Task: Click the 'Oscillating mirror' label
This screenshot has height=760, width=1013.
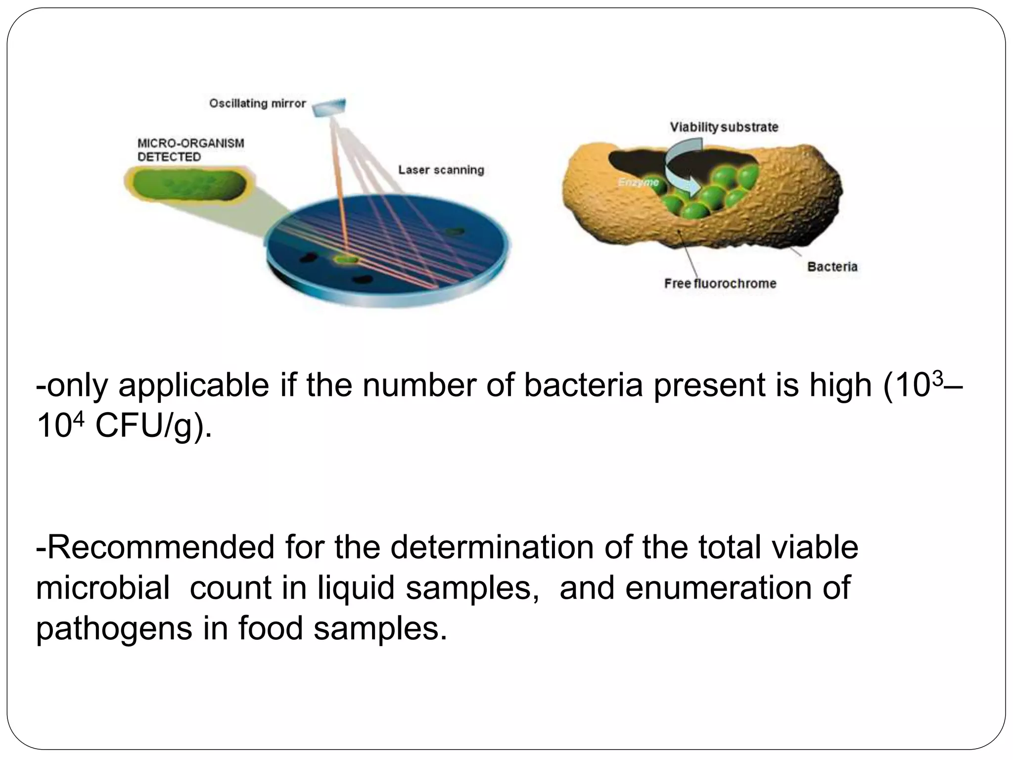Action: click(257, 104)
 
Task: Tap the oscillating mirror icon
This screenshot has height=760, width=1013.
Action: click(329, 107)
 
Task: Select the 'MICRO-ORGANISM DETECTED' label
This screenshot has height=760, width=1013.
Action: click(190, 150)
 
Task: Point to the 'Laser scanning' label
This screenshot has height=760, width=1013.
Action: click(441, 170)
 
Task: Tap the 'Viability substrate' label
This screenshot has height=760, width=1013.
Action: click(724, 127)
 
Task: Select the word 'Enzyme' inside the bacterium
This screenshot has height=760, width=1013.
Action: click(639, 183)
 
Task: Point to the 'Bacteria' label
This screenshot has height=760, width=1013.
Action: click(832, 267)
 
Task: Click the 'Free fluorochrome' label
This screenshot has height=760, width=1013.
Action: click(720, 284)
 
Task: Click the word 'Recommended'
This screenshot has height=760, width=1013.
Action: click(155, 547)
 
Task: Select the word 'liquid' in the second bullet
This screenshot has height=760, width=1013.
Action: click(356, 588)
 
